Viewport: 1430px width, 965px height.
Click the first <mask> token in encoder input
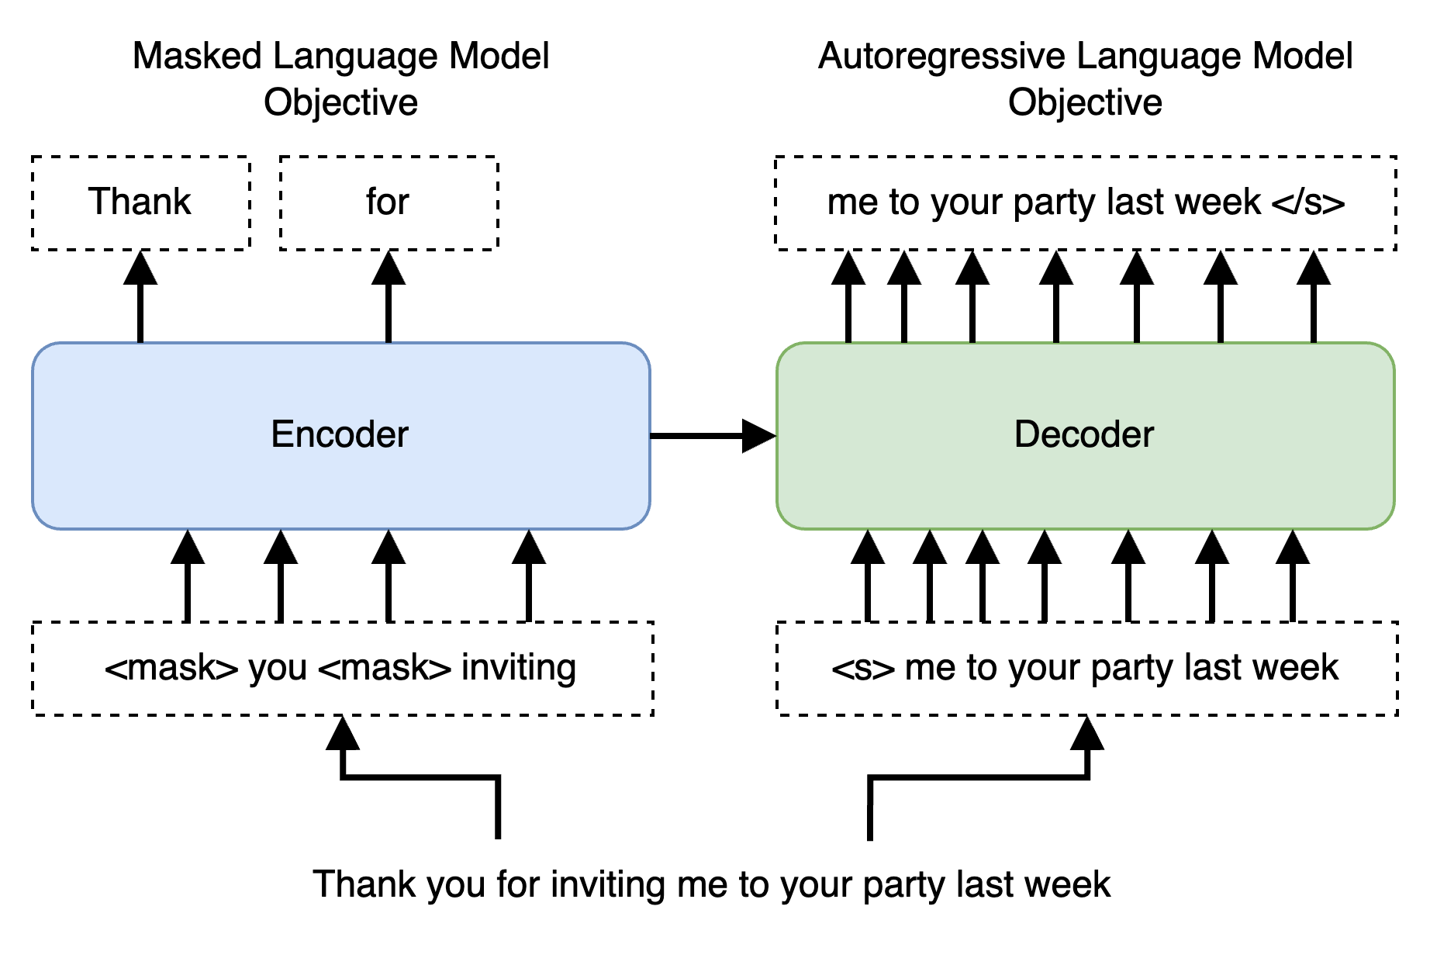tap(171, 668)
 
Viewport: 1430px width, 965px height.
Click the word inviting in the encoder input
tap(518, 668)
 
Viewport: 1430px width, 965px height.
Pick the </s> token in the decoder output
tap(1308, 202)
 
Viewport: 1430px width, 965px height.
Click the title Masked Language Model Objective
tap(340, 78)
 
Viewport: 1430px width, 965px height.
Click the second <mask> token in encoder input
tap(385, 668)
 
